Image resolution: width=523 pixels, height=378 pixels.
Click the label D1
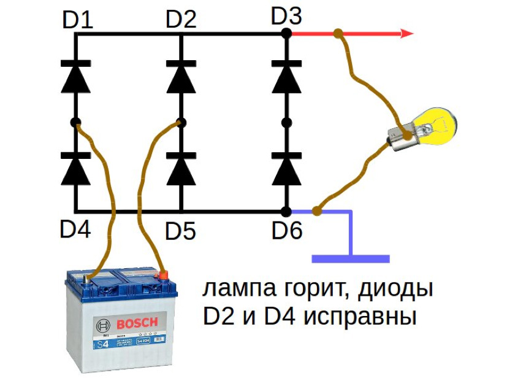(x=78, y=21)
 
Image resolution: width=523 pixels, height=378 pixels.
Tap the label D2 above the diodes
(x=181, y=20)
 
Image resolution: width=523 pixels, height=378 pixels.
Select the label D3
(x=286, y=17)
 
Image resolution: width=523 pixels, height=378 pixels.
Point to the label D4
(x=75, y=229)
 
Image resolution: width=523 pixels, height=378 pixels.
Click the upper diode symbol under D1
(x=76, y=75)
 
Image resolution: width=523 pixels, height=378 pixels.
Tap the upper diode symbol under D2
(x=181, y=75)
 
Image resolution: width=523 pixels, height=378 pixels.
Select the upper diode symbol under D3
(x=286, y=75)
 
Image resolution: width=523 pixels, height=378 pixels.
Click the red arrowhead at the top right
(x=407, y=34)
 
